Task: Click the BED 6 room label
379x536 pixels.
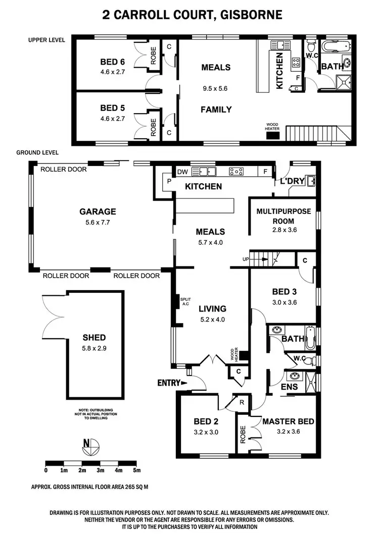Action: (112, 63)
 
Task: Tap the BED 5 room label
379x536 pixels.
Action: (112, 108)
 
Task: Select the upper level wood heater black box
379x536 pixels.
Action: (273, 135)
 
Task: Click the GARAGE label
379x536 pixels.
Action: (98, 211)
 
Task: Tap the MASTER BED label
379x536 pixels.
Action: (288, 421)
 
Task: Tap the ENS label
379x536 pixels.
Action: (289, 387)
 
